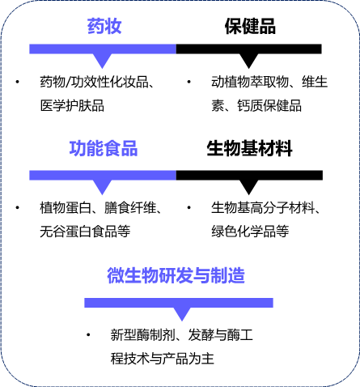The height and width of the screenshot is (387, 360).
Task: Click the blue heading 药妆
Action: pyautogui.click(x=104, y=26)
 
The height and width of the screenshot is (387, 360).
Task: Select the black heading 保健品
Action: pyautogui.click(x=250, y=26)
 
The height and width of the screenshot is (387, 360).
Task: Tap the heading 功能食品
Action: pyautogui.click(x=104, y=148)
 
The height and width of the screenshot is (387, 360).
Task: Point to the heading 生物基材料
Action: pyautogui.click(x=249, y=148)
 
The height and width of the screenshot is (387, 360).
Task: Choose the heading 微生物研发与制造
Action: pyautogui.click(x=176, y=275)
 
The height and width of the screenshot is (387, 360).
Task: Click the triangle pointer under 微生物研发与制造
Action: pyautogui.click(x=182, y=314)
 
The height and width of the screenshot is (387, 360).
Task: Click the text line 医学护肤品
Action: pyautogui.click(x=72, y=105)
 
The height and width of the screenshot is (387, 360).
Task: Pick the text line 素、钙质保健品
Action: pyautogui.click(x=256, y=105)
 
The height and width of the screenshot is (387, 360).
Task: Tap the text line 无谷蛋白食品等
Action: pyautogui.click(x=85, y=232)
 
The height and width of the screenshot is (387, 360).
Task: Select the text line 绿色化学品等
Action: pyautogui.click(x=250, y=232)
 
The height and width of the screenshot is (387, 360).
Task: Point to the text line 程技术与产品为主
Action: pyautogui.click(x=163, y=359)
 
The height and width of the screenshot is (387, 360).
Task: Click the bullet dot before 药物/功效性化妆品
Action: pyautogui.click(x=18, y=82)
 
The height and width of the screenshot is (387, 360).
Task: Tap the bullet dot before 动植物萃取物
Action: pyautogui.click(x=188, y=82)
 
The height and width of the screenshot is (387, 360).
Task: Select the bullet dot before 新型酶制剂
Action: pyautogui.click(x=88, y=335)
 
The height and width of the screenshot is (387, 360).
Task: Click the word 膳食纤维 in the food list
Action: pyautogui.click(x=130, y=208)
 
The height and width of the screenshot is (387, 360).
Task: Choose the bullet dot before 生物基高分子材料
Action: pyautogui.click(x=188, y=208)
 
